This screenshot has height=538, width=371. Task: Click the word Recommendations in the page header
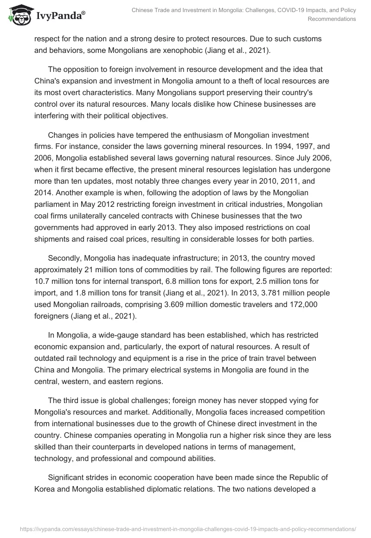click(332, 19)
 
